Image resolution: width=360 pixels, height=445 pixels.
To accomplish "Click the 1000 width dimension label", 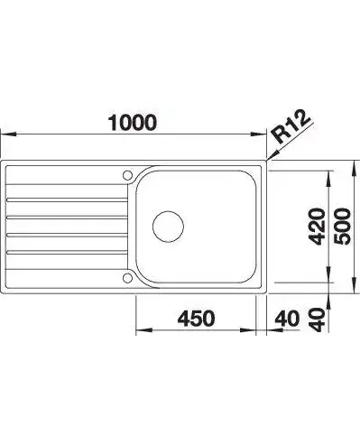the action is point(133,123).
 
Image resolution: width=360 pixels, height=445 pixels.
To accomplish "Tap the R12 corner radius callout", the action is point(291,127).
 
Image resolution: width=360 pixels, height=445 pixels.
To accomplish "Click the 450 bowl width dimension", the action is point(196,319).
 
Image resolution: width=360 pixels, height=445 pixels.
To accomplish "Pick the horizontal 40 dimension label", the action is point(288,319).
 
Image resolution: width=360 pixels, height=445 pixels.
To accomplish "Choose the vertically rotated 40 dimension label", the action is point(318,320).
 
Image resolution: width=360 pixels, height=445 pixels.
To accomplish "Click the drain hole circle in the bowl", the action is point(168,227).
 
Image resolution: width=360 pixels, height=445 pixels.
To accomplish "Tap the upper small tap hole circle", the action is point(127,175).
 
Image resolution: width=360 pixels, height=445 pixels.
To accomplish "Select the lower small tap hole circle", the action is point(127,278).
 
